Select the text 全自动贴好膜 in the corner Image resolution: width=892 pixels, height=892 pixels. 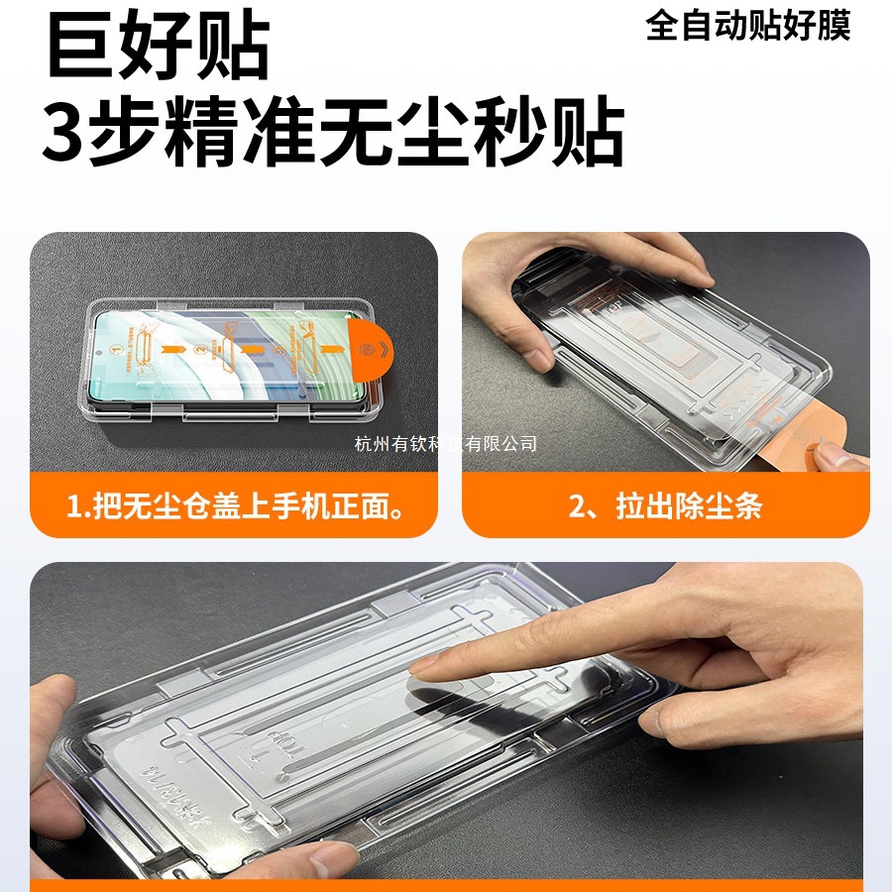click(748, 26)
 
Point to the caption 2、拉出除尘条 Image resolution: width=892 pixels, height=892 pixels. click(665, 508)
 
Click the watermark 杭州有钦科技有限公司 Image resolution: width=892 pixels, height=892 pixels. click(445, 443)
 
